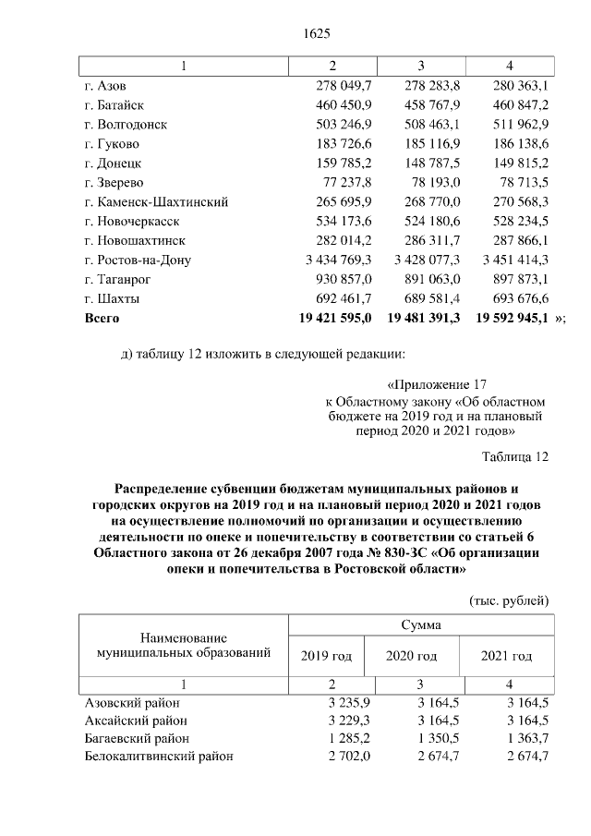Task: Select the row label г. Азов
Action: tap(104, 86)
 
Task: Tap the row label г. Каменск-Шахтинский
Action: tap(156, 202)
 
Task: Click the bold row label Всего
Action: tap(102, 318)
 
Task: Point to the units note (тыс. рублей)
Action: tap(510, 600)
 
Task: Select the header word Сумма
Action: tap(420, 625)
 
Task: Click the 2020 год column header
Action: tap(412, 657)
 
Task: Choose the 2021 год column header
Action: tap(506, 657)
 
